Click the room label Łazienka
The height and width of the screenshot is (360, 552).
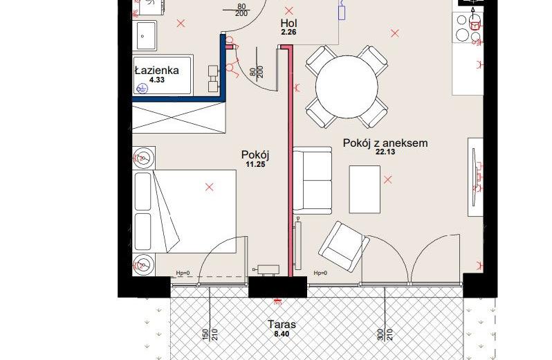[157, 70]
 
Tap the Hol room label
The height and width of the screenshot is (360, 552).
[288, 24]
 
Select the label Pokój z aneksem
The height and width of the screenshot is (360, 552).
[385, 143]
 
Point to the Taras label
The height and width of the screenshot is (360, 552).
[282, 324]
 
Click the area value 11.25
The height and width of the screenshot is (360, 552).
[255, 164]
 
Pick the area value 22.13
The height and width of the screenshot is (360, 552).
[385, 152]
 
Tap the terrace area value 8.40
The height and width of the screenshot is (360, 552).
[282, 333]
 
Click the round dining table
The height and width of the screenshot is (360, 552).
[347, 87]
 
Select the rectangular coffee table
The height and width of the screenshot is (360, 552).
[365, 190]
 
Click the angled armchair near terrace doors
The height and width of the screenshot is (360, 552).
[344, 246]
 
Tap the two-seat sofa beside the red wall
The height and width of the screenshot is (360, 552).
[313, 181]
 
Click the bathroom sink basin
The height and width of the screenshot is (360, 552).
[144, 35]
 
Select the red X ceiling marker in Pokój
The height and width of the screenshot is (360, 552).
[209, 187]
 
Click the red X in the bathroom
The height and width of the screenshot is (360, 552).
[181, 24]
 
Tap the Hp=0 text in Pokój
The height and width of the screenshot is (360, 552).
[183, 273]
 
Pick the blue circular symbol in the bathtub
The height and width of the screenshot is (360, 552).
[142, 89]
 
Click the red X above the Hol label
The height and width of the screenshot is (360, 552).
[289, 11]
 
